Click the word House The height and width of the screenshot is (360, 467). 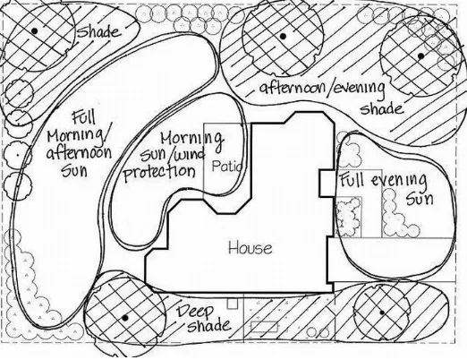point(250,248)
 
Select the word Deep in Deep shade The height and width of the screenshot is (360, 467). point(195,313)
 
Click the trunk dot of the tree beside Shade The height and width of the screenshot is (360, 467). point(35,30)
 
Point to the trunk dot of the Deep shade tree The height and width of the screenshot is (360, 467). point(125,318)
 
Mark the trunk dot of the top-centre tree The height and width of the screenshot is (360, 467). point(283,37)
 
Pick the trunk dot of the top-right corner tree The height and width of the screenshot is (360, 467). point(420,56)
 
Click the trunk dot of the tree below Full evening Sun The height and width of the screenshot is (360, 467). point(382,313)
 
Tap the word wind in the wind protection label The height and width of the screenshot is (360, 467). point(191,155)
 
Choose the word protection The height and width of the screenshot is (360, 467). point(159,173)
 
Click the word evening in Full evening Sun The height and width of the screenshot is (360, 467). point(399,181)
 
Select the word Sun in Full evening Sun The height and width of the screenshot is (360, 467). point(420,199)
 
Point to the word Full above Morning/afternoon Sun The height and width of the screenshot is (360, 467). point(84,117)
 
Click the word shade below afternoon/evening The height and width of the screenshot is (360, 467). point(382,108)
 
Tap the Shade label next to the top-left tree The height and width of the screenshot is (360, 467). point(99,30)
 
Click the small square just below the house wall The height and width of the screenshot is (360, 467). point(233,304)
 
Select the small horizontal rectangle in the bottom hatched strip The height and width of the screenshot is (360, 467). point(265,327)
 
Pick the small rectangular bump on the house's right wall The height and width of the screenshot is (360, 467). point(327,184)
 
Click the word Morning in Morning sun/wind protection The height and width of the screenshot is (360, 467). point(191,139)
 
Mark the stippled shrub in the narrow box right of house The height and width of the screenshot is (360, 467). point(348,217)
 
